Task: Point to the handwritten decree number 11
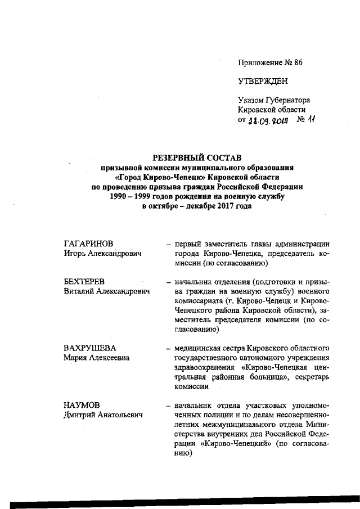[x=312, y=119]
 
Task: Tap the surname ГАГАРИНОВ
[x=88, y=244]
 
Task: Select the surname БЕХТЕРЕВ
[x=85, y=282]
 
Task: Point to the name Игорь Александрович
[x=102, y=254]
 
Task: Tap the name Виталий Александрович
[x=107, y=291]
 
